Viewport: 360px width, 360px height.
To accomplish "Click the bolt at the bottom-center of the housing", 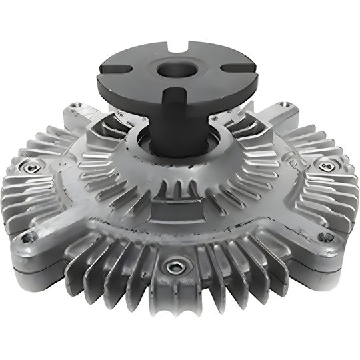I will click(x=175, y=267).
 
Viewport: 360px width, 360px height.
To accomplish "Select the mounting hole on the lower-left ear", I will click(x=27, y=237).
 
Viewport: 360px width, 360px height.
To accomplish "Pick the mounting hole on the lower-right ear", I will click(x=326, y=237).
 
